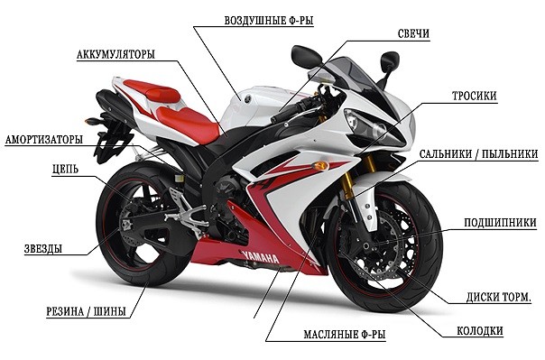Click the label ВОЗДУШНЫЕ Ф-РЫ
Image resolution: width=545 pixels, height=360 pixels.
[x=268, y=21]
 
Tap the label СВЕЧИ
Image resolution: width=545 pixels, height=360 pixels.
[x=413, y=33]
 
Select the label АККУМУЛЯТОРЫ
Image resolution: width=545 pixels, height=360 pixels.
[x=115, y=54]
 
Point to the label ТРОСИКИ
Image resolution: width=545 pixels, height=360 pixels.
[x=474, y=96]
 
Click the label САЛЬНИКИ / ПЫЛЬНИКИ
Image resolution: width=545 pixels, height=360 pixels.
[x=478, y=154]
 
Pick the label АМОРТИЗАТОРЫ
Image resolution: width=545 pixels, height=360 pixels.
[x=44, y=140]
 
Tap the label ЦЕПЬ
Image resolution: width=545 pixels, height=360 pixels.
[x=65, y=170]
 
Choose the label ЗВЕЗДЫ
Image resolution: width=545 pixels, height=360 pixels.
[x=43, y=248]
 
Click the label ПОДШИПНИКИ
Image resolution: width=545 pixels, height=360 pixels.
[x=500, y=222]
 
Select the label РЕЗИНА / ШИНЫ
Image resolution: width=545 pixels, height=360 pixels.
[x=87, y=311]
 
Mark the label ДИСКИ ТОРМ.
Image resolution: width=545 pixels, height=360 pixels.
[x=498, y=297]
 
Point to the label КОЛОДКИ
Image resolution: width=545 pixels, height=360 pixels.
[x=480, y=330]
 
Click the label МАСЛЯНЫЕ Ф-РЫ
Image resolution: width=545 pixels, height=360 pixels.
[x=345, y=335]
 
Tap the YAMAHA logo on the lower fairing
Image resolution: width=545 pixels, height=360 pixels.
[x=262, y=257]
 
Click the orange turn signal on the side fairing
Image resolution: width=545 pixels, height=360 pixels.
[x=320, y=166]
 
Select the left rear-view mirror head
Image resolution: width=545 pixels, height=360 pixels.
[x=307, y=56]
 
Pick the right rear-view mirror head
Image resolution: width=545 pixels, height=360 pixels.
[x=389, y=61]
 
